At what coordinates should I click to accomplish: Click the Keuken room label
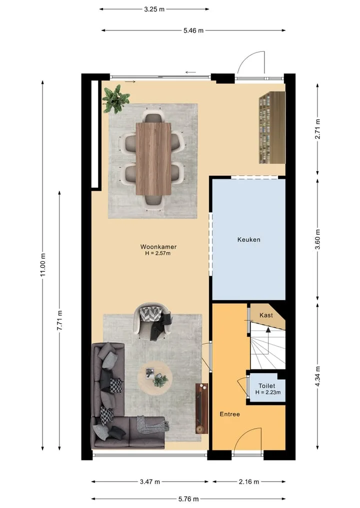(249, 240)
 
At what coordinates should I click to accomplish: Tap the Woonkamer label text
(158, 247)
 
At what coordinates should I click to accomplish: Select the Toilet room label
(266, 386)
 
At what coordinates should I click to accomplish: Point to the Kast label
(266, 315)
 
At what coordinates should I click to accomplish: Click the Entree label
(229, 414)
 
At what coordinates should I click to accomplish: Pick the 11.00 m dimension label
(43, 265)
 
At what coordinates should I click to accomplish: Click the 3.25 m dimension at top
(154, 9)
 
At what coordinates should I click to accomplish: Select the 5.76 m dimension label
(188, 499)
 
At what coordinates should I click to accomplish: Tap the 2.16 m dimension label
(249, 482)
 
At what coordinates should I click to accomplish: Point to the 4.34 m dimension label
(317, 376)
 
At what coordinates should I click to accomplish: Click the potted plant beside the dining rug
(116, 99)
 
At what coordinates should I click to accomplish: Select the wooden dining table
(153, 159)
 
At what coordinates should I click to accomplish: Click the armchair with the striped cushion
(153, 322)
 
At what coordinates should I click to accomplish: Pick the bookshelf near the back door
(272, 127)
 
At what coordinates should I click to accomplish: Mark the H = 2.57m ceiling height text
(157, 253)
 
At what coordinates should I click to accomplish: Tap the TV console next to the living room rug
(201, 408)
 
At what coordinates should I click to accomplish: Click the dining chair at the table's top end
(153, 116)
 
